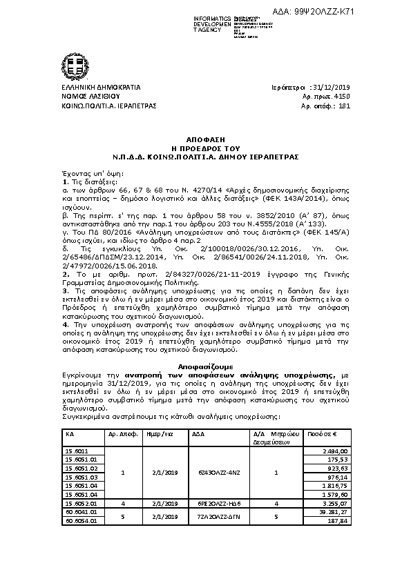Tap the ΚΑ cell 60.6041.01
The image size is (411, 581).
point(77,513)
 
